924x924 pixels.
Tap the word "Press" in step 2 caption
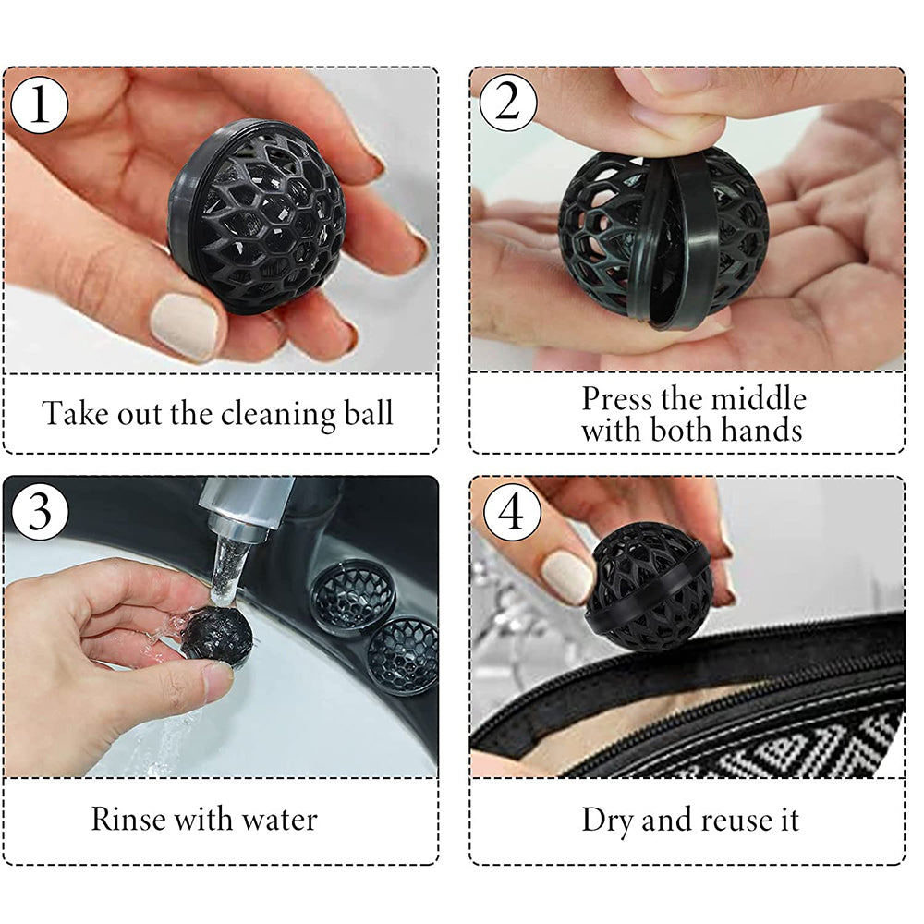[x=617, y=399]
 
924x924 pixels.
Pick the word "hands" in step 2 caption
[x=761, y=430]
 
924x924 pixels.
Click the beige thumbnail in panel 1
[x=185, y=325]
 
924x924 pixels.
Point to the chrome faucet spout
[x=236, y=514]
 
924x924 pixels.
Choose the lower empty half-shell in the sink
[x=403, y=654]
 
